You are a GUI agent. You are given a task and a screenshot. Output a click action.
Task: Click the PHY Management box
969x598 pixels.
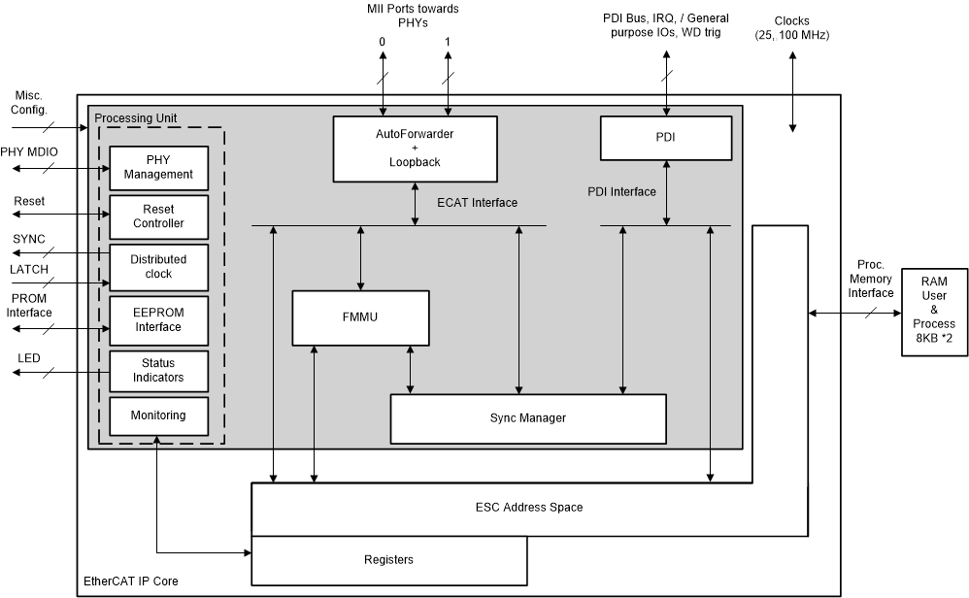[158, 167]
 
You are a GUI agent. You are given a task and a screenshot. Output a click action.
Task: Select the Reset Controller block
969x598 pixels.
[158, 216]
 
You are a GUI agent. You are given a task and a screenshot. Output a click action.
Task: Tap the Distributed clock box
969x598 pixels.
[158, 267]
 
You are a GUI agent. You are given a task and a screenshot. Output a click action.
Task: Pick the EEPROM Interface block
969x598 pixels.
[158, 319]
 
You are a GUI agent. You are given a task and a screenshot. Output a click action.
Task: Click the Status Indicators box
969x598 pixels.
[158, 370]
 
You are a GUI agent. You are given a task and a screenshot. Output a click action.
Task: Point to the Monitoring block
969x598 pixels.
[158, 415]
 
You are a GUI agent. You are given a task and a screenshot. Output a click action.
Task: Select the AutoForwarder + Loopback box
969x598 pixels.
[415, 149]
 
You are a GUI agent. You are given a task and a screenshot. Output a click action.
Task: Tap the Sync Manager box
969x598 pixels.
[527, 417]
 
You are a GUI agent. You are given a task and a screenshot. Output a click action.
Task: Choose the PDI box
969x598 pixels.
[665, 138]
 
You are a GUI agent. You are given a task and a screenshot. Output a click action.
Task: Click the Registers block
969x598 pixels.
[388, 559]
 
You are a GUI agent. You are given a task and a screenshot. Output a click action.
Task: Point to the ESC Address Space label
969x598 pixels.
[528, 508]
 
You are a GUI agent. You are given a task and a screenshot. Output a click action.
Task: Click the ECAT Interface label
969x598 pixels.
[478, 203]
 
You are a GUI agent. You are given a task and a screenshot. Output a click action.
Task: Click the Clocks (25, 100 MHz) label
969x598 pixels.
[791, 28]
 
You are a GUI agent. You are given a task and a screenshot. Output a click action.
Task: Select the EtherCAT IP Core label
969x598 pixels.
[129, 582]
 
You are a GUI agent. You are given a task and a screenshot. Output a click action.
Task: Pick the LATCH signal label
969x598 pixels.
[29, 269]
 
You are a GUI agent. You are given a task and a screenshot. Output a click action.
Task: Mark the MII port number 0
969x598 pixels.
[382, 42]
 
